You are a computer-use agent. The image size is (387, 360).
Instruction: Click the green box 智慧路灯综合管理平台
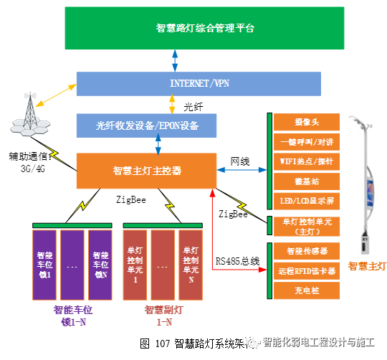click(x=204, y=29)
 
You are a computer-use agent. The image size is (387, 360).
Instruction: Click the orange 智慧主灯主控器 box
click(x=147, y=171)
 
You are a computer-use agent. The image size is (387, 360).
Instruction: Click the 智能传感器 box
click(x=305, y=252)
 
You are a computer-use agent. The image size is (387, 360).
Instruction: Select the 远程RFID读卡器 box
click(x=305, y=271)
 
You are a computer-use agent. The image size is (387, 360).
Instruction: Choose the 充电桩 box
click(x=305, y=291)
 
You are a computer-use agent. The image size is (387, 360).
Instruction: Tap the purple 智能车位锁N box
click(x=100, y=264)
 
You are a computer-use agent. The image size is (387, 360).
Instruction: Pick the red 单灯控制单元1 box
click(x=135, y=264)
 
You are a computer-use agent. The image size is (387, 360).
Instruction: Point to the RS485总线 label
click(x=237, y=262)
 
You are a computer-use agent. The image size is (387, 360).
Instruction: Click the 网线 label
click(x=240, y=161)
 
